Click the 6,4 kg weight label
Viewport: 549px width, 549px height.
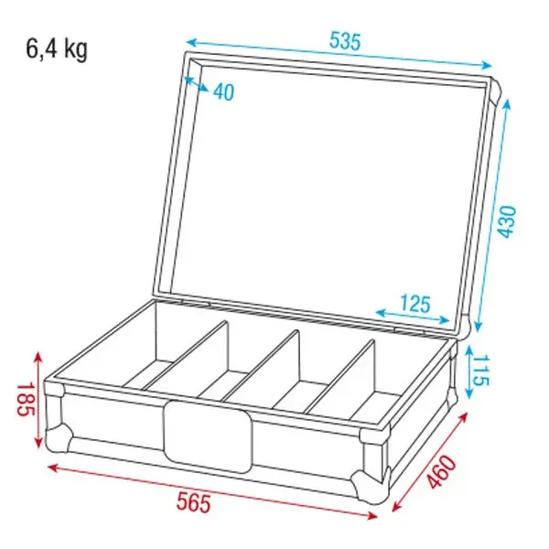57,49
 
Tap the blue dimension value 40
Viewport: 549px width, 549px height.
225,91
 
